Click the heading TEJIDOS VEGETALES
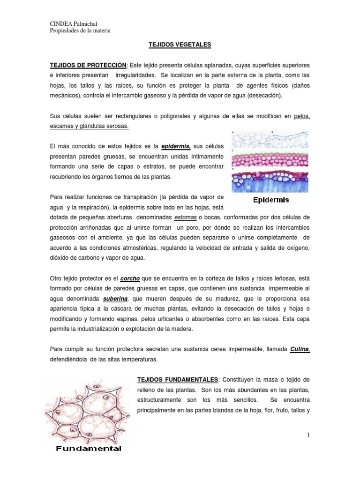point(180,45)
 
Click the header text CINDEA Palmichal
point(74,24)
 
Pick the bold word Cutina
point(300,349)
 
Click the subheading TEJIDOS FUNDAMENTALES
point(178,379)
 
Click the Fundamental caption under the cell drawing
point(89,449)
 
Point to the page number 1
point(309,435)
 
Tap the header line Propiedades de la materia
point(80,31)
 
